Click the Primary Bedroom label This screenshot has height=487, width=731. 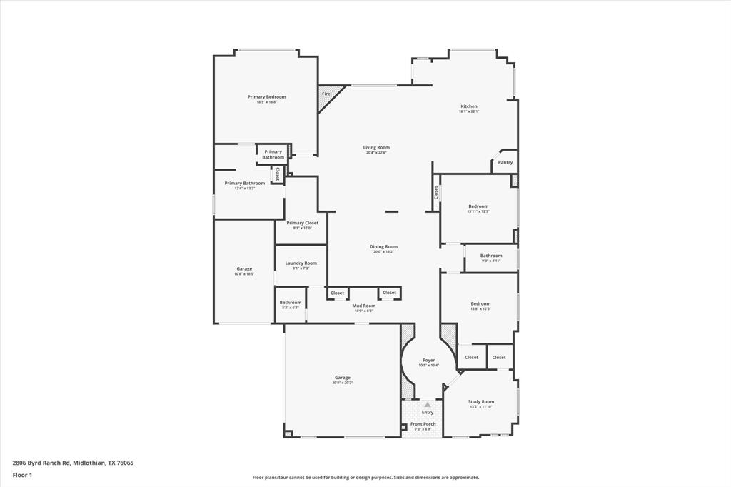(266, 96)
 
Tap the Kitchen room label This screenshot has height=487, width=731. (468, 106)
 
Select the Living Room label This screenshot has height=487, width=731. (376, 147)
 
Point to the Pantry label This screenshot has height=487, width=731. (505, 162)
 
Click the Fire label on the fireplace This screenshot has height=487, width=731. (326, 94)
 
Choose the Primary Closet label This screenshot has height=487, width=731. (302, 223)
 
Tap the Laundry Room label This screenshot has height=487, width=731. (301, 263)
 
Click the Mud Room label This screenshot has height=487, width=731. (364, 306)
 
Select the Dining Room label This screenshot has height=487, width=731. (383, 246)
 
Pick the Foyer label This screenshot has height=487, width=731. (428, 360)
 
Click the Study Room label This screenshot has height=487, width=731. (480, 401)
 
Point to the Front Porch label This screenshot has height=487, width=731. (423, 424)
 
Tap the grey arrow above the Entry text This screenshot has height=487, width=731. (428, 404)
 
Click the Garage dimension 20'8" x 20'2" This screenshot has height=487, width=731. (342, 383)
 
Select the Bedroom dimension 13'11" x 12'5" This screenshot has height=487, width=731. (478, 211)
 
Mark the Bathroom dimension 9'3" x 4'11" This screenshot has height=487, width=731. (490, 261)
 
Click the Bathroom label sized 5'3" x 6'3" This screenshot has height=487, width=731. (290, 302)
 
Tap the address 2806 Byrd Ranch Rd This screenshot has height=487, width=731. (42, 463)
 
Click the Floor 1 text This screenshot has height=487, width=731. (23, 475)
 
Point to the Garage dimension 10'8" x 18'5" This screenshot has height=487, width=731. (244, 273)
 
